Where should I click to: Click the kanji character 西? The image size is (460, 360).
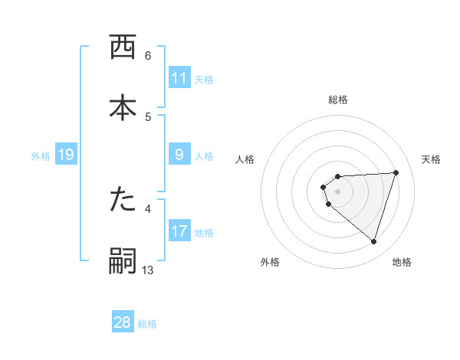point(123,48)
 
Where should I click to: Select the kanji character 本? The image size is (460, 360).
point(123,108)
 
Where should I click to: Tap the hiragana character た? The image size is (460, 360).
point(123,201)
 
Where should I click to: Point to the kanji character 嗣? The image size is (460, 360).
point(123,260)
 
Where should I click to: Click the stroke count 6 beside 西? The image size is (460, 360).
point(148,56)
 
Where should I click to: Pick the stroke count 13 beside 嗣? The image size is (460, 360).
point(148,269)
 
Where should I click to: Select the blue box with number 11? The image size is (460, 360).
point(179,78)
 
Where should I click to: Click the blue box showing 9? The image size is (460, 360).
point(179,155)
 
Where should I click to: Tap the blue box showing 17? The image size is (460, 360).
point(179,231)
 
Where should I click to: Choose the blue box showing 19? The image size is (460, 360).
point(65,155)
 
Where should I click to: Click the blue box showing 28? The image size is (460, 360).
point(123,322)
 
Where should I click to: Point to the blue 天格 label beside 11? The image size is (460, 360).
point(204,79)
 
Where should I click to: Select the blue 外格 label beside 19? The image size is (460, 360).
point(41,156)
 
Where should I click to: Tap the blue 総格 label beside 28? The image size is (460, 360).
point(147,323)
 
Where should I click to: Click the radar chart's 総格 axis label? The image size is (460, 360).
point(338,100)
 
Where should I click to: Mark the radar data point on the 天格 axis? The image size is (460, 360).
point(396,172)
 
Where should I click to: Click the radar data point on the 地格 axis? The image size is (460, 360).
point(373,241)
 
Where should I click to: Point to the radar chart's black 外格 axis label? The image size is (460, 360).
point(270,262)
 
